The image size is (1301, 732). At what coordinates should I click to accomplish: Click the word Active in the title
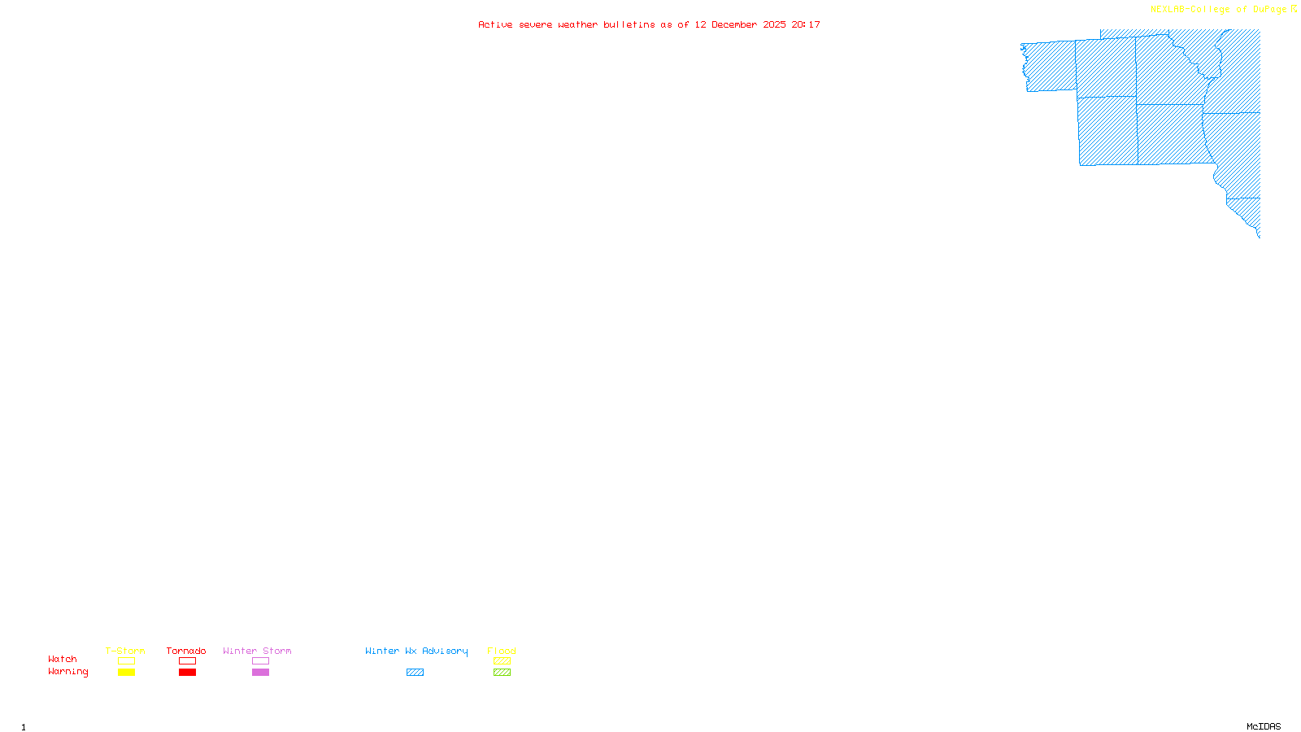point(495,25)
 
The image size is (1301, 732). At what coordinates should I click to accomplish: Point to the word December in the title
point(734,25)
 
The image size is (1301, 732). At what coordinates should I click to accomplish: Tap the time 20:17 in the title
point(806,25)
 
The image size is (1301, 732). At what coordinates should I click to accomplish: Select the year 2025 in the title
point(774,25)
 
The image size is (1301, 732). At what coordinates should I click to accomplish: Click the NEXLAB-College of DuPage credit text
point(1218,10)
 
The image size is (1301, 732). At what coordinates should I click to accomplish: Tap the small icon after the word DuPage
point(1294,9)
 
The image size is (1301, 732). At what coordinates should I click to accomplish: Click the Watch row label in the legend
point(63,660)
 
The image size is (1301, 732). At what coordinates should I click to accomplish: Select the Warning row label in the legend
point(67,672)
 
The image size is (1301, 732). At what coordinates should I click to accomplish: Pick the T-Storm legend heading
point(125,651)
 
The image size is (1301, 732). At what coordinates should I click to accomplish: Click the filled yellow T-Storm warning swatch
point(126,673)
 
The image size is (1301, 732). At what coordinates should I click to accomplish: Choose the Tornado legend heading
point(186,651)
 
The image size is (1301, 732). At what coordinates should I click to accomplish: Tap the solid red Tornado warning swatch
point(188,673)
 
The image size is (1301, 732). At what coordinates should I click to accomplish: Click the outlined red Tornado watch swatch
point(188,661)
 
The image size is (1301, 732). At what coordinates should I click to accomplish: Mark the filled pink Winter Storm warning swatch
point(260,673)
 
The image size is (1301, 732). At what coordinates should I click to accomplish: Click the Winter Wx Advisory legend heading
point(416,651)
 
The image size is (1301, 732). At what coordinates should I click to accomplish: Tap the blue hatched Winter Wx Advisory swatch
point(415,673)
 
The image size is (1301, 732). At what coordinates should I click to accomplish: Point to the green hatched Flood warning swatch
point(502,673)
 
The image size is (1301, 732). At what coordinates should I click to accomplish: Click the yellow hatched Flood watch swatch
point(502,661)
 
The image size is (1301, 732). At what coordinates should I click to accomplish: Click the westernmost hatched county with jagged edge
point(1049,66)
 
